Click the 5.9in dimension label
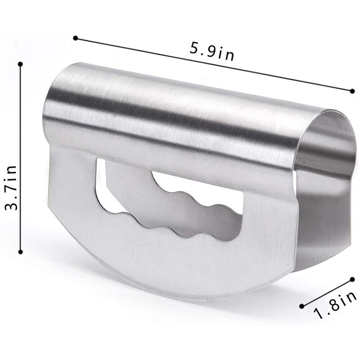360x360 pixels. point(211,51)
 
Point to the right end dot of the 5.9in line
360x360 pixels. point(352,91)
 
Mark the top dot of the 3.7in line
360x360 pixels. point(20,64)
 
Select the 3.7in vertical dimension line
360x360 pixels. point(20,135)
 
